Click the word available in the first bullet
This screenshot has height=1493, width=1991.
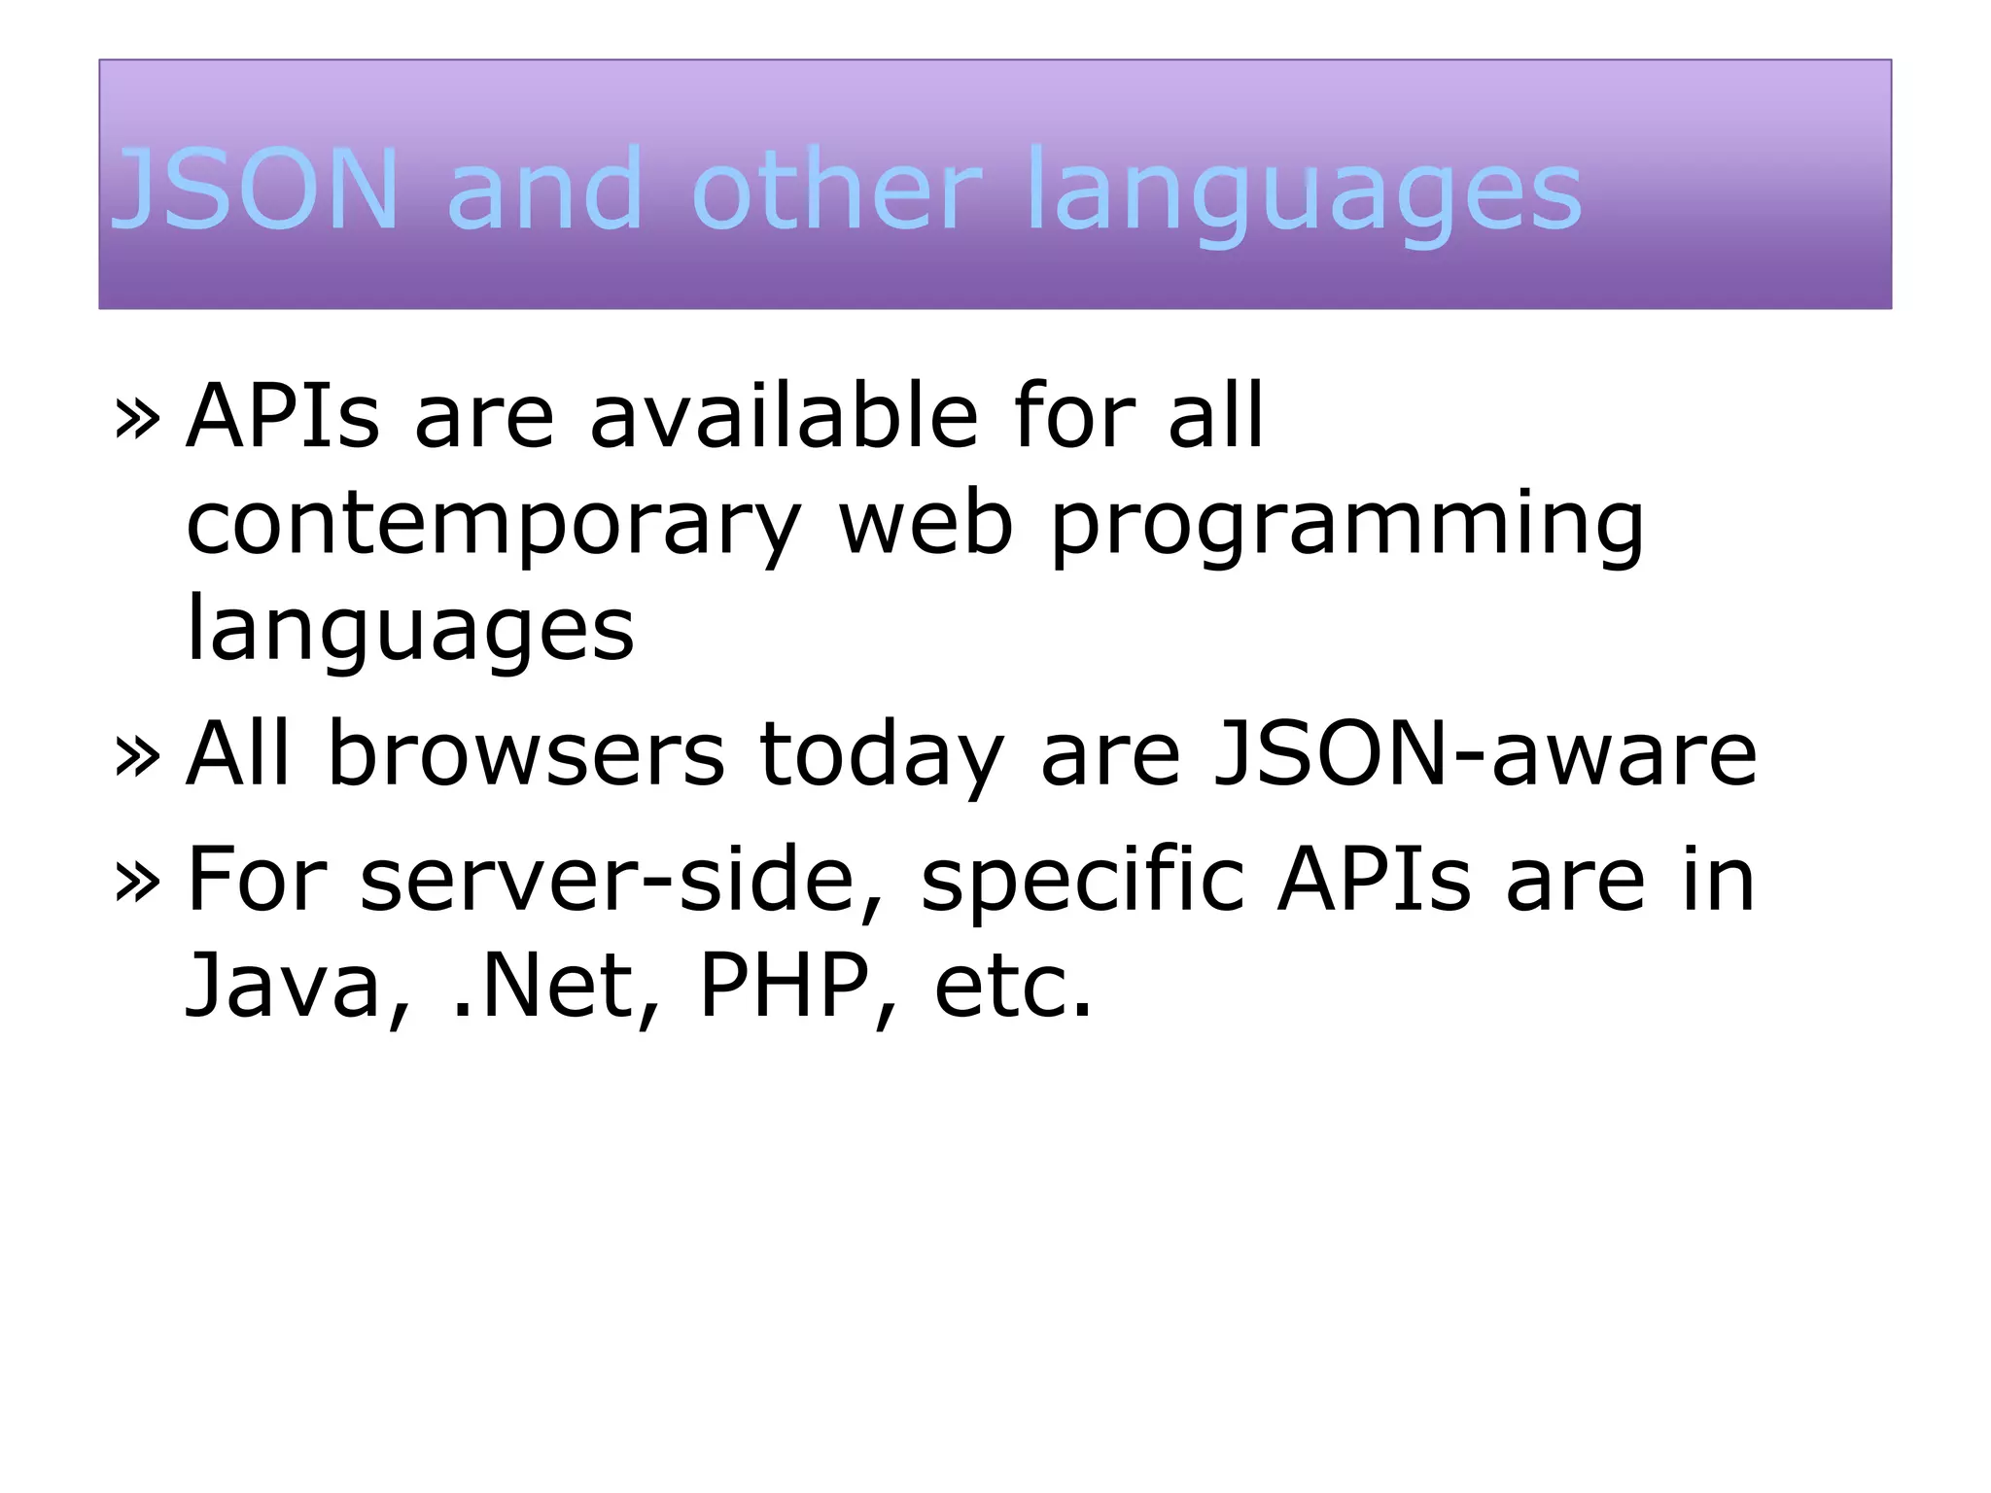784,416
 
